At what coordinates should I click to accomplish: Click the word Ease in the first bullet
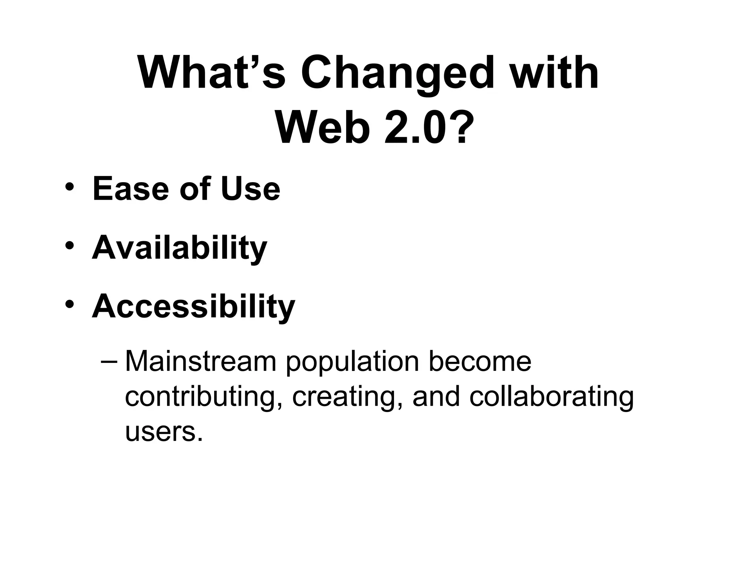tap(130, 189)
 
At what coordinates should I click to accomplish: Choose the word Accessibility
tap(193, 306)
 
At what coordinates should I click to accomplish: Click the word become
tap(480, 362)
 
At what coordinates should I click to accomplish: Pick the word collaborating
tap(551, 397)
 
